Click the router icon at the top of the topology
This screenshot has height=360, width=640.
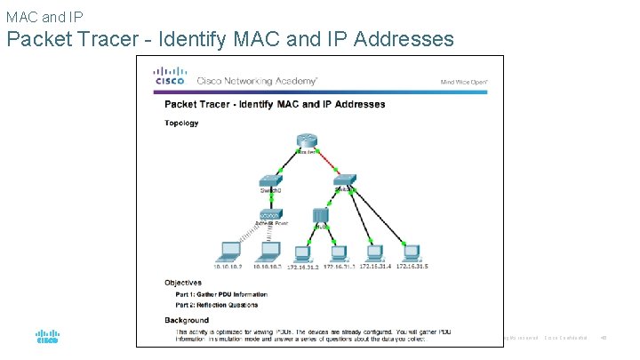pos(307,143)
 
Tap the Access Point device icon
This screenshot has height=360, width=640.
pos(271,216)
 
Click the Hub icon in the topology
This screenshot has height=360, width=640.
pos(321,216)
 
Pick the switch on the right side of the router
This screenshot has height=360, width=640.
pos(345,180)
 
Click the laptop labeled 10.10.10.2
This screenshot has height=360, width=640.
pos(228,251)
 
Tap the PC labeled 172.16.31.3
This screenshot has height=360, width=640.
pos(338,251)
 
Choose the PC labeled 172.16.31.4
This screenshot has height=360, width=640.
pos(375,251)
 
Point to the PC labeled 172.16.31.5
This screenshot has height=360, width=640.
pos(411,251)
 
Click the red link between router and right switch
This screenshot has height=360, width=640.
pos(326,163)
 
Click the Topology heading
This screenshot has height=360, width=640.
pos(181,124)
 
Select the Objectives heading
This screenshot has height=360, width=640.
pos(183,283)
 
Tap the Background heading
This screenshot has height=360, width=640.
pos(187,320)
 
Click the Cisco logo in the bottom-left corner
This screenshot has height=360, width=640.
pos(47,337)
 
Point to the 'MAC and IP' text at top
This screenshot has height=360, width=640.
pos(44,16)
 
